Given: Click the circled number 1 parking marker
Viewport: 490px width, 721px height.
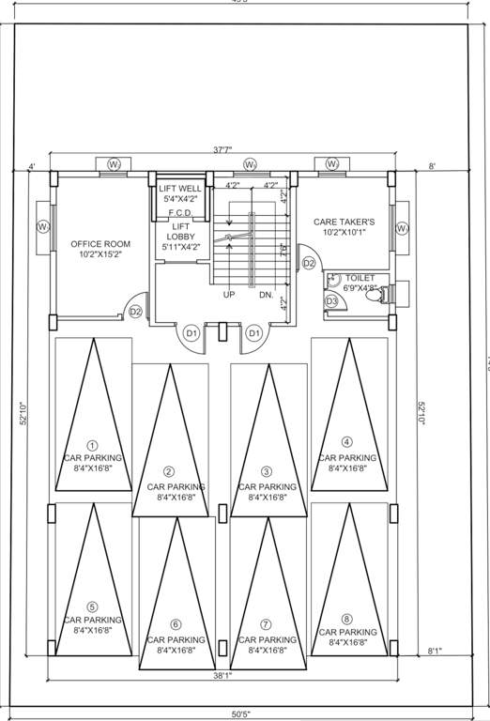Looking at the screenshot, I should (x=92, y=445).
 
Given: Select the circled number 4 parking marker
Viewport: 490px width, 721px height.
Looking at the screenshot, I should (x=347, y=441).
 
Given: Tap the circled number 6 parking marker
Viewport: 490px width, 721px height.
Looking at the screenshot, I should (x=176, y=624).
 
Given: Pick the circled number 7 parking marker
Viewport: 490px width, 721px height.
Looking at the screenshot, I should (x=267, y=624).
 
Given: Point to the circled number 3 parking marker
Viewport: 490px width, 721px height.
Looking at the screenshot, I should (x=267, y=471).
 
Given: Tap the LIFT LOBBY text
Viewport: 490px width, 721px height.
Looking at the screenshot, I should (x=180, y=236).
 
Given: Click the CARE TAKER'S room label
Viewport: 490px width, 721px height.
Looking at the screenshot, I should (x=344, y=227).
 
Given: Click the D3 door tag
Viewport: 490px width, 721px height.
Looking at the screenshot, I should (x=331, y=300).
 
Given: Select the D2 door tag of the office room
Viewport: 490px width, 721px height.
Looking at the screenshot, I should (x=135, y=312).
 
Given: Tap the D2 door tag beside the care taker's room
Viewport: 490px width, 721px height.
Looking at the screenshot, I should (x=309, y=264).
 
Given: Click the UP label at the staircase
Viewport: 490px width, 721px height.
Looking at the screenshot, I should (x=228, y=294).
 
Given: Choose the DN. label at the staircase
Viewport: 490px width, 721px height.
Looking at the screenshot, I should (x=267, y=294).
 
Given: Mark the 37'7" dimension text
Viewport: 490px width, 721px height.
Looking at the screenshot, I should (x=223, y=150).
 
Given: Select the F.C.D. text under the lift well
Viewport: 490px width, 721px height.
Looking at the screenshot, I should (x=181, y=213).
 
